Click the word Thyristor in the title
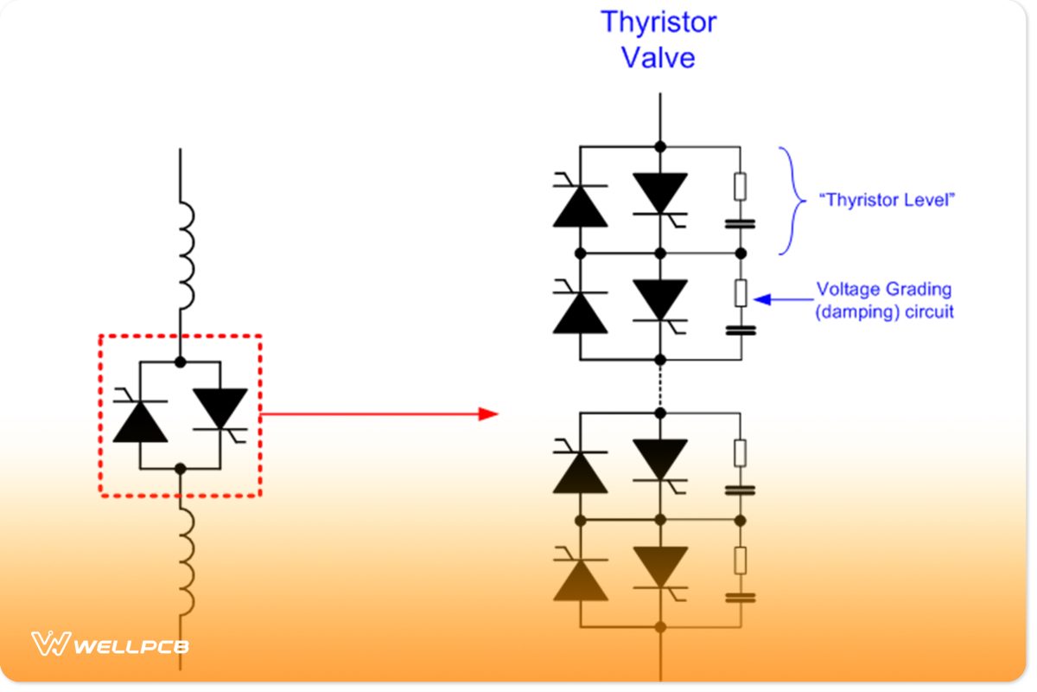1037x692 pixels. (658, 22)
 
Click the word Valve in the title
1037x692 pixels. (658, 57)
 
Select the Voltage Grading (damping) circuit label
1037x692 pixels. (885, 300)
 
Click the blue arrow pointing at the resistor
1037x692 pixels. (782, 300)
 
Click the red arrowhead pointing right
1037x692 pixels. (488, 413)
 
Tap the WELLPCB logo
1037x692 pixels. (111, 644)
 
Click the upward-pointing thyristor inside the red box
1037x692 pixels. (140, 421)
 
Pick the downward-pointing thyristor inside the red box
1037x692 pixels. (220, 408)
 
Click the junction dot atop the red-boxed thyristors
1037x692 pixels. (181, 361)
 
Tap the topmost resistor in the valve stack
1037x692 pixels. (741, 186)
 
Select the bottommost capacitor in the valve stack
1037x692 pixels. (741, 597)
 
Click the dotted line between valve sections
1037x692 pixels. (660, 385)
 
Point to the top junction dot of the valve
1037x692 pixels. (660, 146)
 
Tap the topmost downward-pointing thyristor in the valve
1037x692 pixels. (660, 192)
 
